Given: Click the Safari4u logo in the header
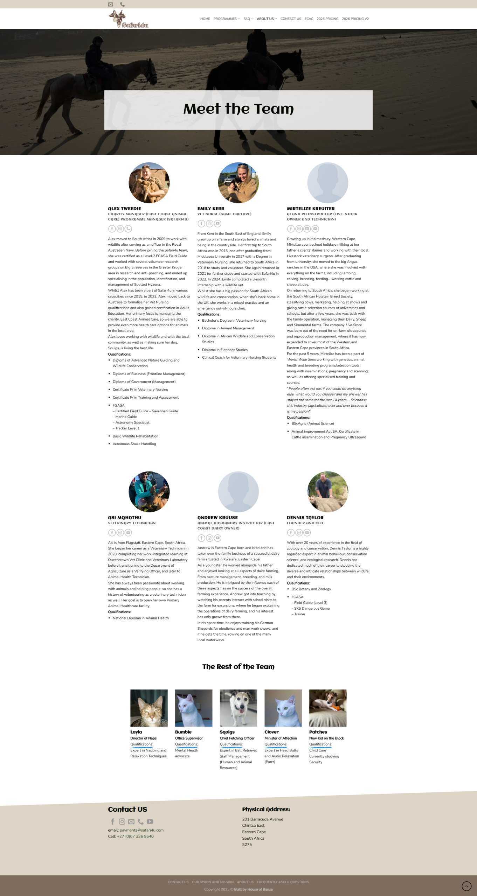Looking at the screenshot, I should click(129, 19).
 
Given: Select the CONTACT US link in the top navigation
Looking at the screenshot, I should click(290, 19).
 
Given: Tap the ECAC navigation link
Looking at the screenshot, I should click(309, 19).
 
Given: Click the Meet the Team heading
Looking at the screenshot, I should click(238, 109).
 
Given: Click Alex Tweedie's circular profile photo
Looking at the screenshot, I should click(149, 183).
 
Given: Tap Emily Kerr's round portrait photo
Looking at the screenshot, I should click(238, 183).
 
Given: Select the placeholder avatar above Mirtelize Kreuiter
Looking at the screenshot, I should click(328, 183).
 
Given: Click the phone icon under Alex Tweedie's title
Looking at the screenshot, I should click(128, 229).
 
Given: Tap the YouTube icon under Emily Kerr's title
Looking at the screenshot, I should click(217, 224).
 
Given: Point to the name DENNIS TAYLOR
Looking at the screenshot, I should click(305, 518).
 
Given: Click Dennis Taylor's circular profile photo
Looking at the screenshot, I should click(328, 492).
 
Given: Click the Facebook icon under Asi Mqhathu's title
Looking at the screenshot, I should click(112, 533).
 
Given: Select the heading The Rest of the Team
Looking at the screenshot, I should click(238, 667).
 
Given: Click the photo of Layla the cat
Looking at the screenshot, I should click(149, 708).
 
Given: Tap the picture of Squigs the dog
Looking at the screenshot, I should click(238, 708).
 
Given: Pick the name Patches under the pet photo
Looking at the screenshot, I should click(318, 732).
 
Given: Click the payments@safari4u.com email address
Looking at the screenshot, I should click(141, 830).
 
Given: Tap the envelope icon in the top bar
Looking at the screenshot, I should click(111, 5).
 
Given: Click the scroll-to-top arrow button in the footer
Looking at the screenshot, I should click(466, 886).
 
